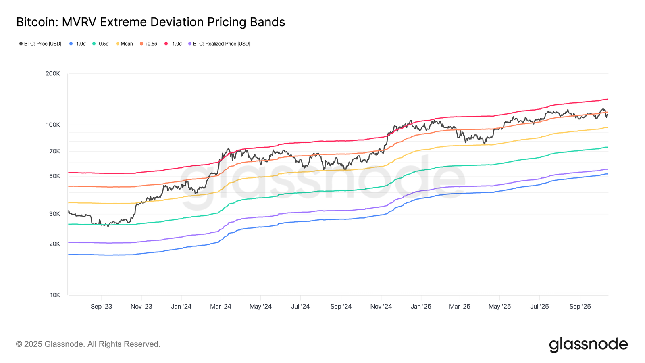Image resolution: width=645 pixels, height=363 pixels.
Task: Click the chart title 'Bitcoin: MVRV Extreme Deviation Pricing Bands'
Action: click(150, 22)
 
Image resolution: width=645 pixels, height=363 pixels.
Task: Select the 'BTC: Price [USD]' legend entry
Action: click(40, 44)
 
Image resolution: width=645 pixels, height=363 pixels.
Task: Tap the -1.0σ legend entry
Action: click(77, 44)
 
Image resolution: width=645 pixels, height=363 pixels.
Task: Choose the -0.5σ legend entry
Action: click(100, 44)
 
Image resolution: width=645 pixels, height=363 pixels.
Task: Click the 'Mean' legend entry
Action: click(125, 44)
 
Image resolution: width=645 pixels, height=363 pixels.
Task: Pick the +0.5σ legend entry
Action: click(148, 44)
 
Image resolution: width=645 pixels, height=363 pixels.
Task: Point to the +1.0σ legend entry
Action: click(173, 44)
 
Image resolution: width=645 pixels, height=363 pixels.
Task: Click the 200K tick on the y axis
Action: click(53, 74)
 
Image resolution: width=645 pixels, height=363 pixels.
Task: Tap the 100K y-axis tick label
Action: click(53, 125)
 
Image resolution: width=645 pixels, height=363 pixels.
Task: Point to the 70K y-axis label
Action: click(54, 151)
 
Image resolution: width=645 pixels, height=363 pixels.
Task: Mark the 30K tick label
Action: click(54, 214)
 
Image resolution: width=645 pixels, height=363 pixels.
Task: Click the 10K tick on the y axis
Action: click(55, 295)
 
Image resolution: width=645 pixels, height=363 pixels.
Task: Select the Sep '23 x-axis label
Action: click(102, 307)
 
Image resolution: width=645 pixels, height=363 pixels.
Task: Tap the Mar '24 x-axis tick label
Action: click(221, 307)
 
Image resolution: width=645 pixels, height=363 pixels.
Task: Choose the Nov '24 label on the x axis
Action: click(381, 307)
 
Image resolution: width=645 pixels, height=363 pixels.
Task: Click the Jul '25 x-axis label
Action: click(539, 307)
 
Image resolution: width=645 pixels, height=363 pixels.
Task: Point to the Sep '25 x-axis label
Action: click(580, 307)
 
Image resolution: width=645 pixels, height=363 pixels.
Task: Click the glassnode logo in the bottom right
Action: click(588, 344)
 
